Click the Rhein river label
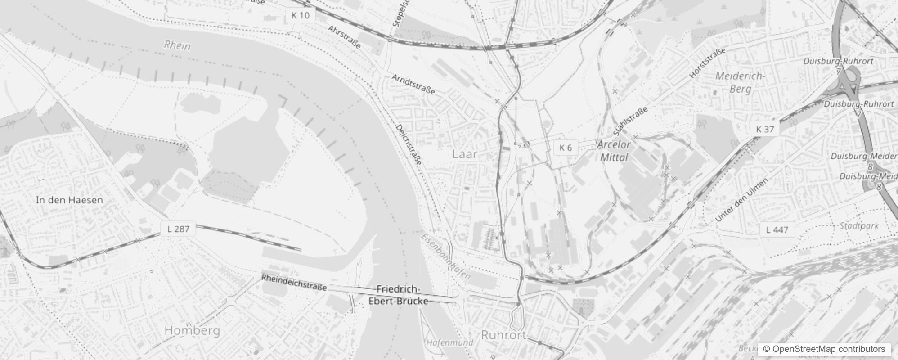pos(177,45)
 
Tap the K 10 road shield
pos(300,16)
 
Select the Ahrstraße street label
pos(344,37)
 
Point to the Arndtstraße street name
pos(413,84)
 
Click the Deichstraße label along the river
pos(409,144)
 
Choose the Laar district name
pos(465,154)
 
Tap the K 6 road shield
pos(565,148)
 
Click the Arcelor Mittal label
pos(614,151)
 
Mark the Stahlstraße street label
pos(630,121)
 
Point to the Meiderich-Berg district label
pos(740,82)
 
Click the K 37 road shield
pos(765,130)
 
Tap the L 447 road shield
pos(777,230)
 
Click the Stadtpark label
pos(859,226)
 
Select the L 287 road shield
pos(178,229)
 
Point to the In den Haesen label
pos(69,200)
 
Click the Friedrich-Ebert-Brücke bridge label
pos(398,295)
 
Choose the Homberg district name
pos(192,331)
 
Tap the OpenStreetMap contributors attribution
pos(824,349)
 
